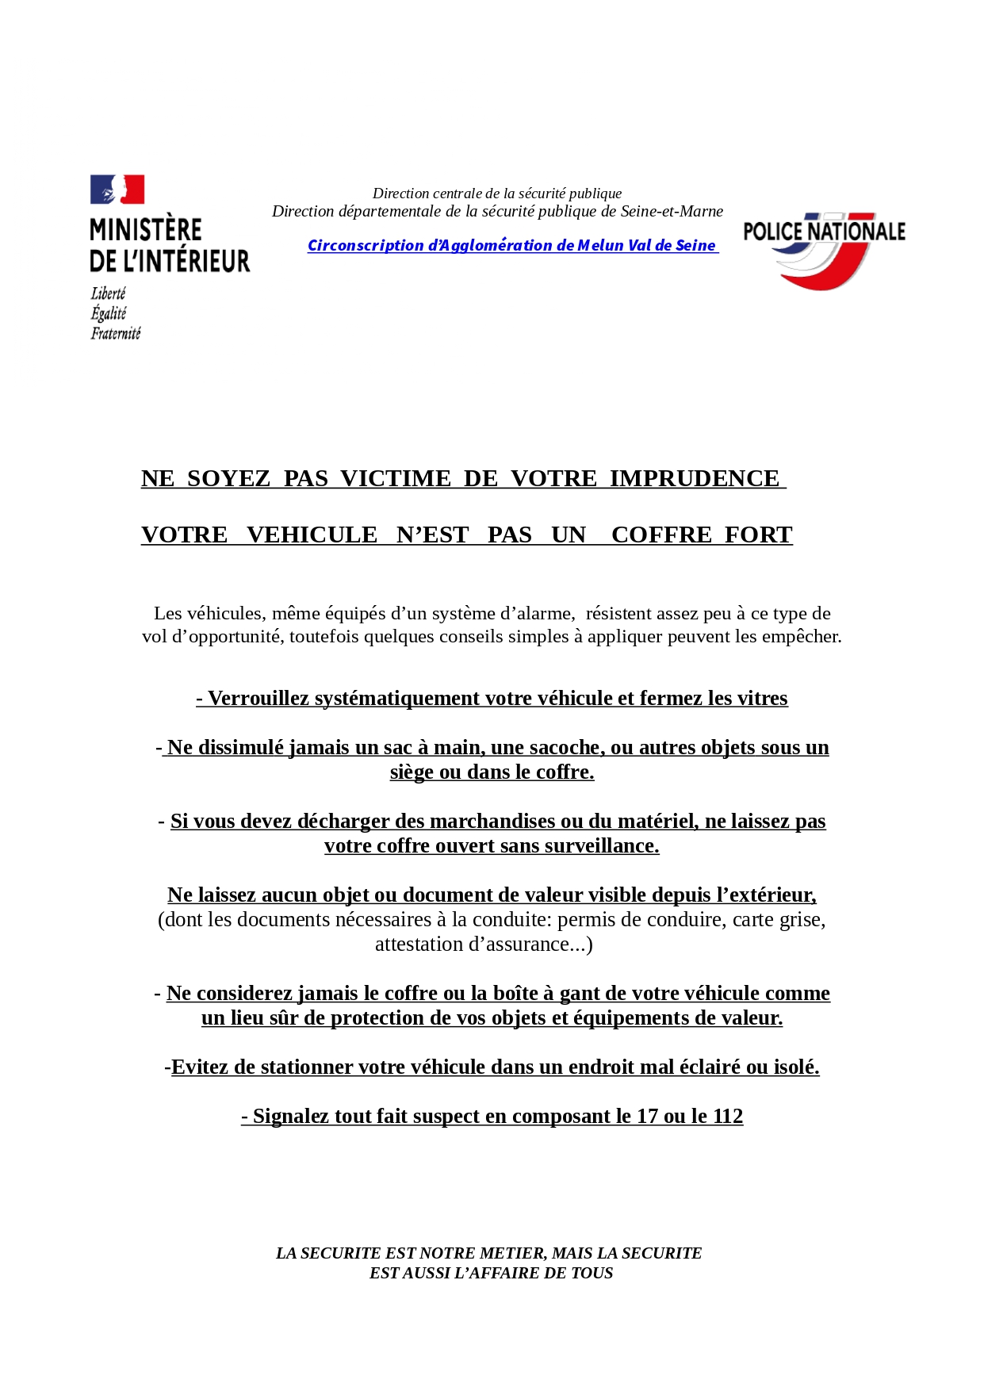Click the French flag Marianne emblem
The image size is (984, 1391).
[117, 190]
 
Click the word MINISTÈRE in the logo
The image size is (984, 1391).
[146, 230]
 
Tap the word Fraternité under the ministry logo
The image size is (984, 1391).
[116, 334]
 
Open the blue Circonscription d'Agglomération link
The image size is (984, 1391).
[511, 246]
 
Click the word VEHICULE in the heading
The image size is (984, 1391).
[312, 535]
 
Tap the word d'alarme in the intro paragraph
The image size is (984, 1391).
[536, 614]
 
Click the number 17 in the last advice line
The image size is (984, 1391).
[647, 1117]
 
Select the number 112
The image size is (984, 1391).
[727, 1117]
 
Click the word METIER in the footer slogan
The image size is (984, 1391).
[506, 1253]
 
